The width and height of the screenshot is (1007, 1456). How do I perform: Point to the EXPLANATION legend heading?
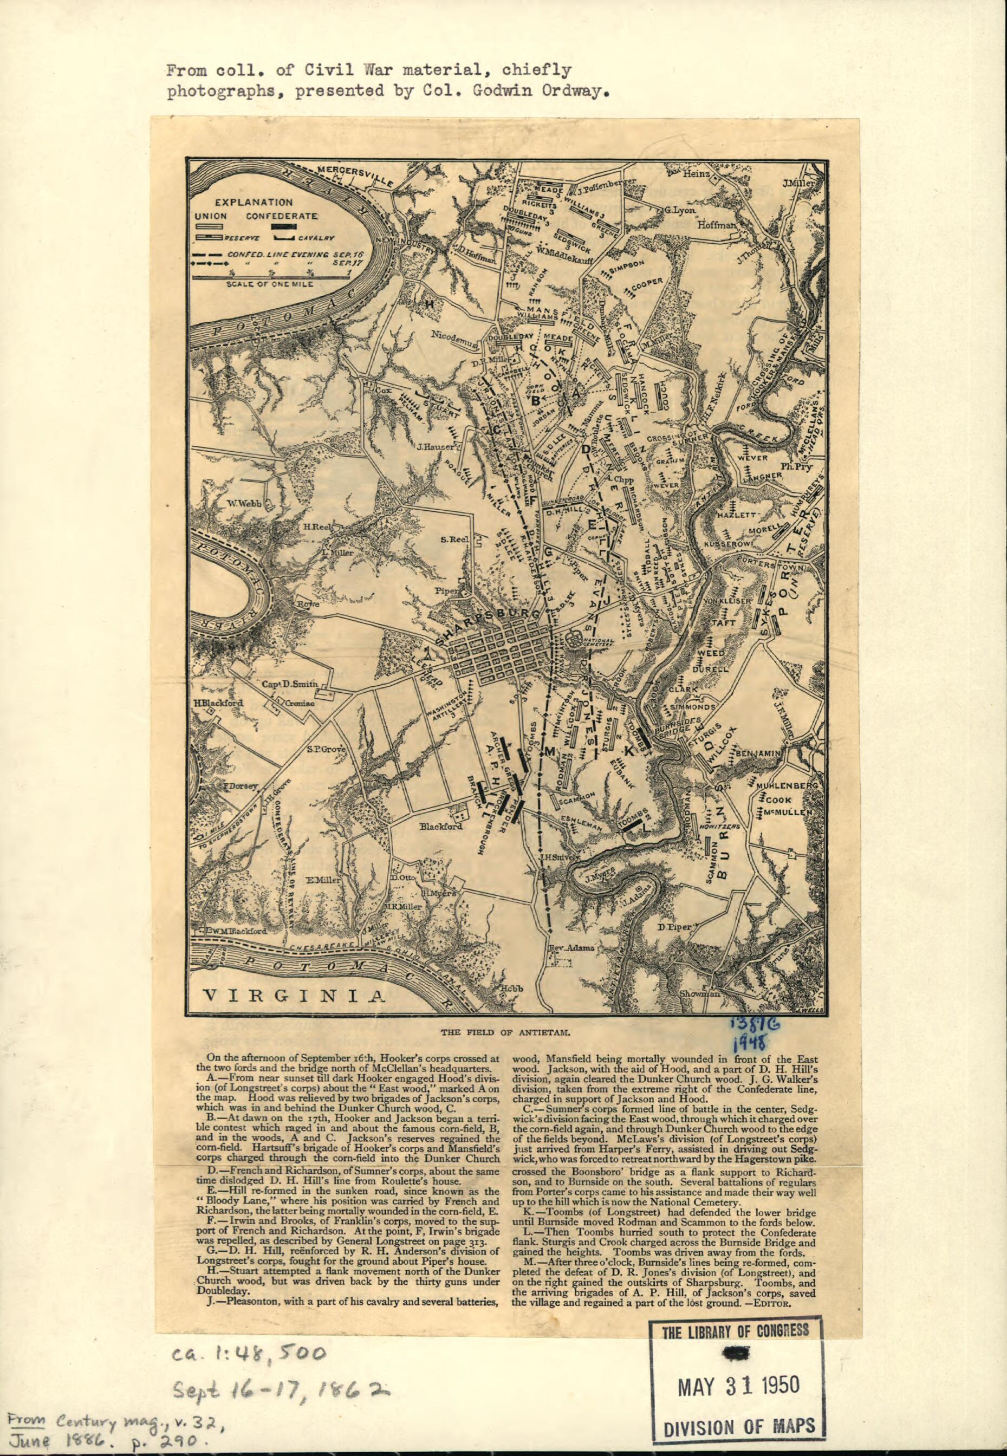pyautogui.click(x=254, y=203)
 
